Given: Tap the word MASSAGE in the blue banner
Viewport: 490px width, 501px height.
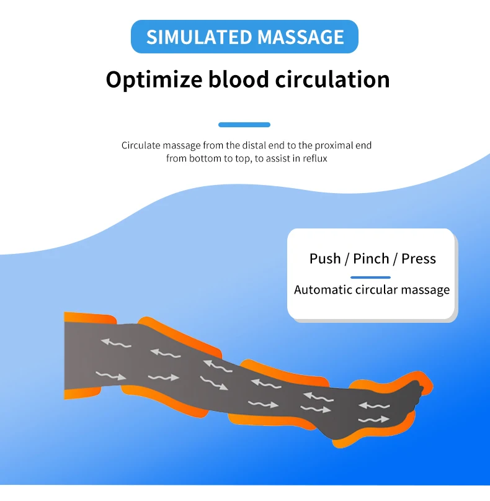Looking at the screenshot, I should click(x=300, y=37).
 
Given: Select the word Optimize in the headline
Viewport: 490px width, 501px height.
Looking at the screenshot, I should click(x=153, y=80).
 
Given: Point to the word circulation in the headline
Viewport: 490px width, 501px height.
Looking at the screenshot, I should click(x=336, y=79).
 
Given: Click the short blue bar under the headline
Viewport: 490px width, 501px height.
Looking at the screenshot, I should click(x=244, y=125).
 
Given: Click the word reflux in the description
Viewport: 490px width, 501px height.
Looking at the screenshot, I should click(x=315, y=158).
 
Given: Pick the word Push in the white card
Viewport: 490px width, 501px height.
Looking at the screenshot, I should click(x=325, y=259).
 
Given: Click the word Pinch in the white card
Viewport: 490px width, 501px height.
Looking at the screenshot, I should click(x=371, y=259).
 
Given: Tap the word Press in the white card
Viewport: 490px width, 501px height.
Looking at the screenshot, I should click(x=419, y=259).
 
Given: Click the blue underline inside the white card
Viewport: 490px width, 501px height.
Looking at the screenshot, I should click(x=370, y=277).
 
